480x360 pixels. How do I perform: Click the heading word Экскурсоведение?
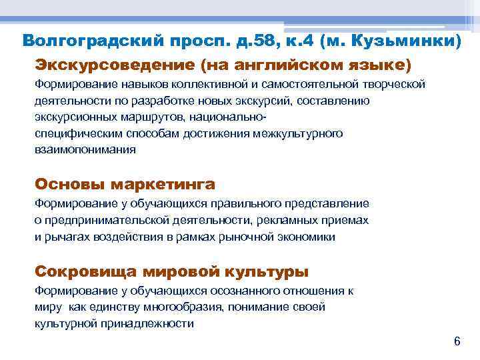(113, 65)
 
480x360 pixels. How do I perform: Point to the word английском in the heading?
(287, 65)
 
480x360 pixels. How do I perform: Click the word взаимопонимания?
(85, 150)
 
